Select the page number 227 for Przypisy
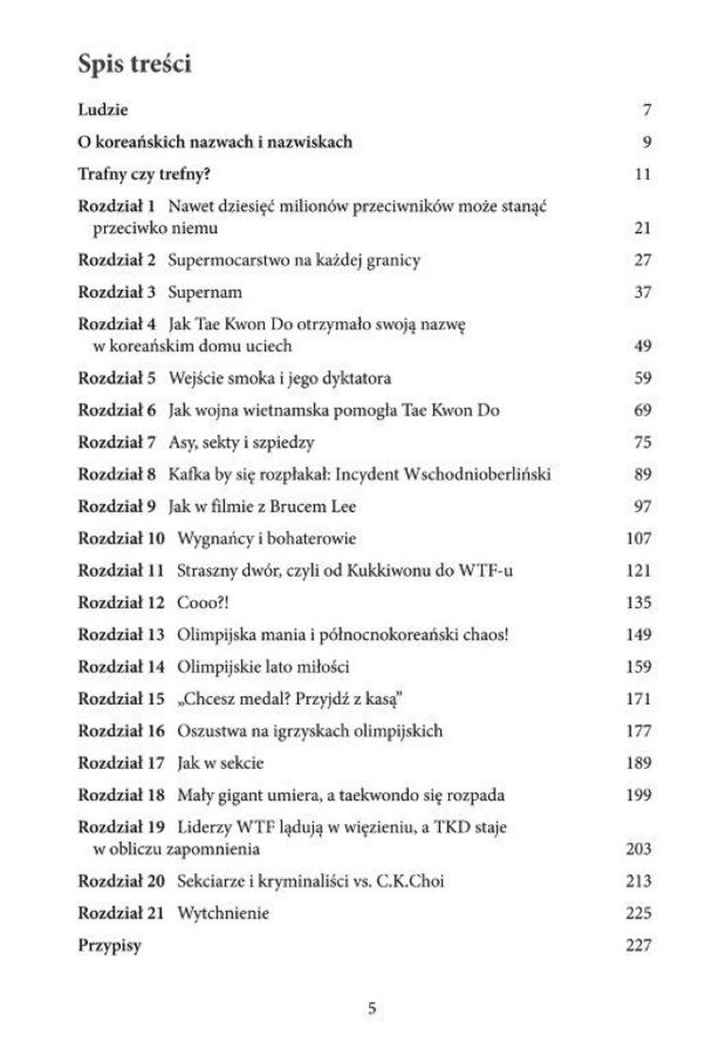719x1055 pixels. pyautogui.click(x=640, y=945)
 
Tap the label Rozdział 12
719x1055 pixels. pyautogui.click(x=121, y=601)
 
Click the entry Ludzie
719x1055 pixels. pyautogui.click(x=101, y=109)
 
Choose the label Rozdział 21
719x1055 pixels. pyautogui.click(x=121, y=913)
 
